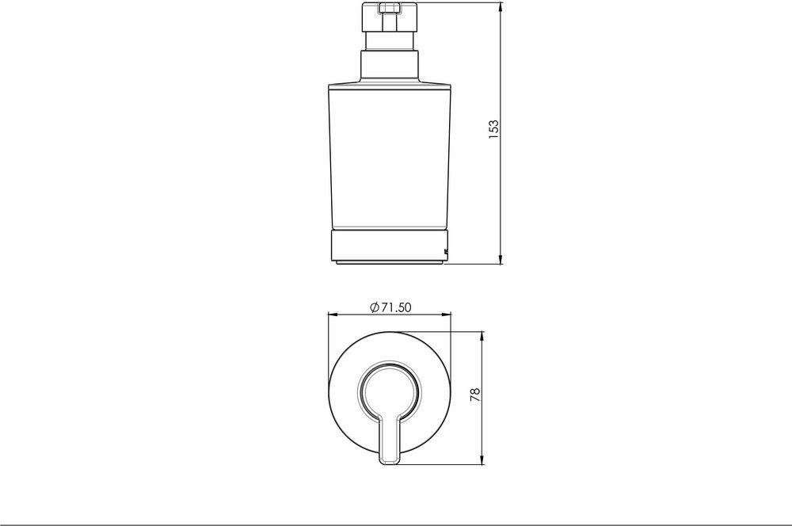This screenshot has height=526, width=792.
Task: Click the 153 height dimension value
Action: (493, 129)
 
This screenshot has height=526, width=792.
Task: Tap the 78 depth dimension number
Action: (474, 394)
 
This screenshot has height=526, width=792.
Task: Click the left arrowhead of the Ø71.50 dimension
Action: (332, 315)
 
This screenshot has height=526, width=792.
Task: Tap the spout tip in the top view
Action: (390, 458)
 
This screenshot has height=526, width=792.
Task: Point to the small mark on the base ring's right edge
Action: (447, 253)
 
